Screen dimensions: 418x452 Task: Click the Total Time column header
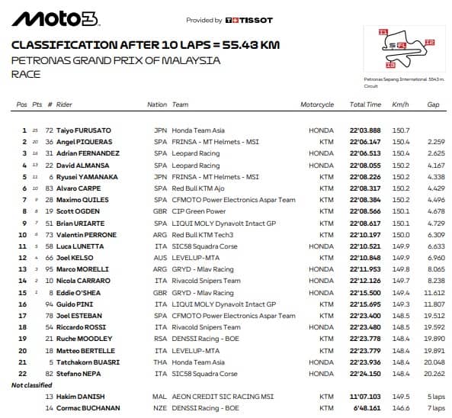point(364,104)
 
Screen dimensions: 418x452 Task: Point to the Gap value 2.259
point(435,142)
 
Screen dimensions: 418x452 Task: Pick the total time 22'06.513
point(366,153)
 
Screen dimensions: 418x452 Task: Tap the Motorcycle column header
point(316,104)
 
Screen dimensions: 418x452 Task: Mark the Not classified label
point(31,385)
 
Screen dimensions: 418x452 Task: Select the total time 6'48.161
point(367,409)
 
